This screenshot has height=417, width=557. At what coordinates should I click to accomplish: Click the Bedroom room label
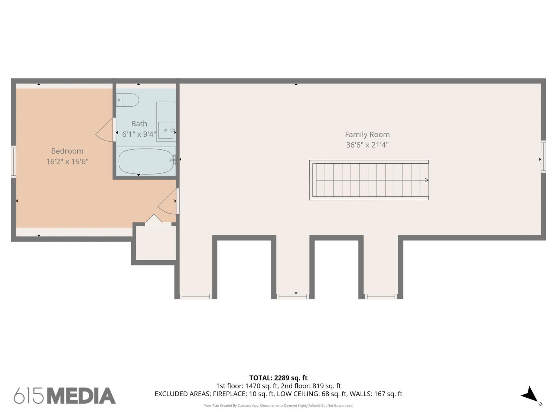[67, 151]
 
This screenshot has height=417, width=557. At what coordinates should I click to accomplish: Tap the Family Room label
[367, 135]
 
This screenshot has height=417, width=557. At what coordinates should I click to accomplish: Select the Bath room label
[139, 123]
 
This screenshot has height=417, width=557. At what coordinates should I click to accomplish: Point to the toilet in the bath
[128, 100]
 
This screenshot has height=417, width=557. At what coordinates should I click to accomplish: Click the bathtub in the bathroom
[147, 161]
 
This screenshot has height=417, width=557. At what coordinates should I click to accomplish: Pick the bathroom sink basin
[166, 130]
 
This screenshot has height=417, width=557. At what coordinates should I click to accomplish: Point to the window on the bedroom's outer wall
[13, 162]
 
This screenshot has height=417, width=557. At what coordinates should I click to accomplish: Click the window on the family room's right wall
[543, 156]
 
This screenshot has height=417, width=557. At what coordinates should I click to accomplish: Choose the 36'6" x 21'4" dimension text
[367, 145]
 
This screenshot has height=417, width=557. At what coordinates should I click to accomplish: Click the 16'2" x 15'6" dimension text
[67, 162]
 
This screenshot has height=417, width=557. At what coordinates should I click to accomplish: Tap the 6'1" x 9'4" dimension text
[139, 134]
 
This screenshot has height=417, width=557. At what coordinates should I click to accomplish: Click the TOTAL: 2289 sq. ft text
[278, 378]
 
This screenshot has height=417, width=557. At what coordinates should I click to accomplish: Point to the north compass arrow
[530, 394]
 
